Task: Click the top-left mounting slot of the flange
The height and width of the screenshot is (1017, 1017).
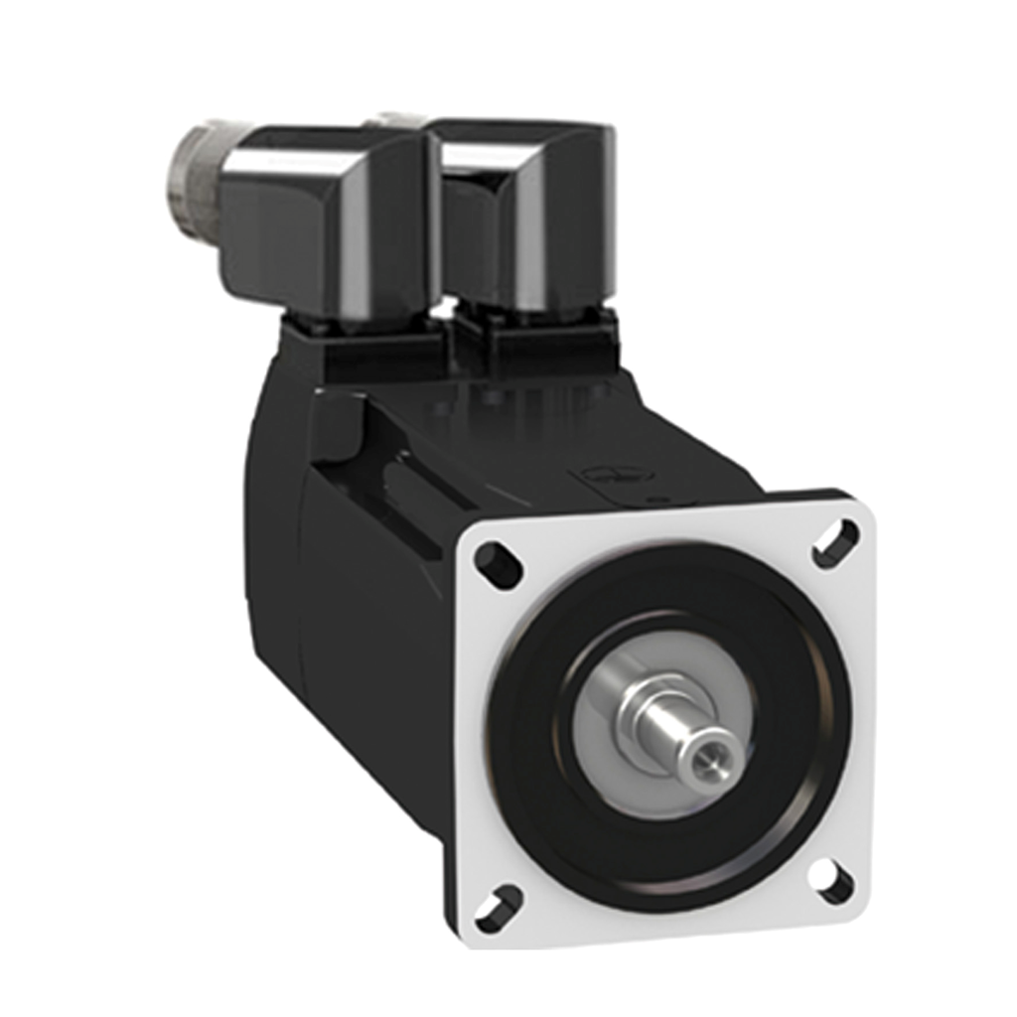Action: coord(499,561)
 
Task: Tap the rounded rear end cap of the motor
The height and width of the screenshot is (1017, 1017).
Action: coord(273,556)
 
